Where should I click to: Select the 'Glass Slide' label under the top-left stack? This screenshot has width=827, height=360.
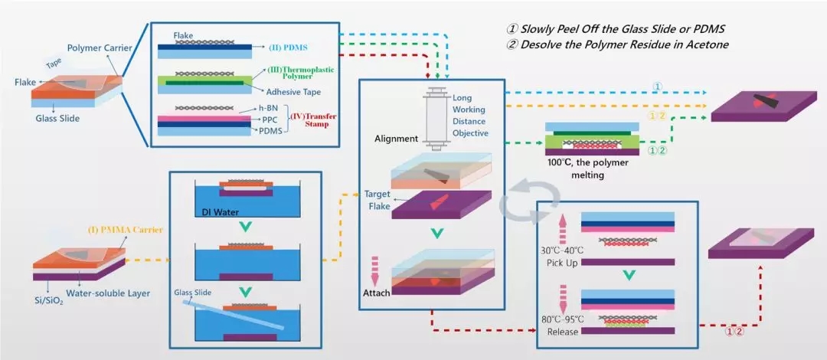click(x=58, y=118)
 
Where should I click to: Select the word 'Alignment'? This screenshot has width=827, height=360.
click(x=397, y=139)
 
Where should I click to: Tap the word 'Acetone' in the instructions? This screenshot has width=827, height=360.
click(x=701, y=44)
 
